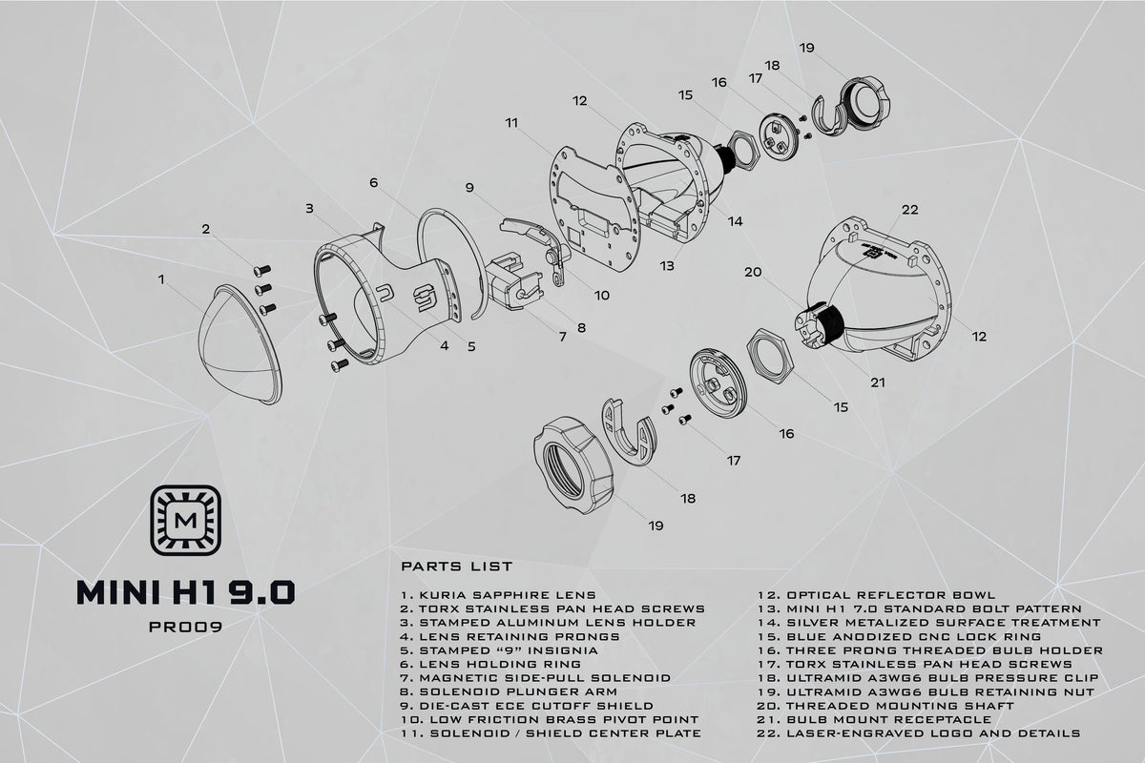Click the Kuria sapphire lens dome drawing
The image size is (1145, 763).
[239, 344]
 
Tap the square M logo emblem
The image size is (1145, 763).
[185, 520]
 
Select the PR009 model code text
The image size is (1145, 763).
[185, 627]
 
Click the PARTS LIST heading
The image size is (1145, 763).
[456, 567]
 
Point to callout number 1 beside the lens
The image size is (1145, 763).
[161, 279]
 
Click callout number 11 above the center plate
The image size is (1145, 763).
[511, 123]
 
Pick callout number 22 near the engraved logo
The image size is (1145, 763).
[910, 210]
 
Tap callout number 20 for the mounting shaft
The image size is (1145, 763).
[753, 272]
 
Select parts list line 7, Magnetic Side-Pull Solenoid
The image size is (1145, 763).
[535, 678]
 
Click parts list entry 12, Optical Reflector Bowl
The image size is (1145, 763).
[877, 595]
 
